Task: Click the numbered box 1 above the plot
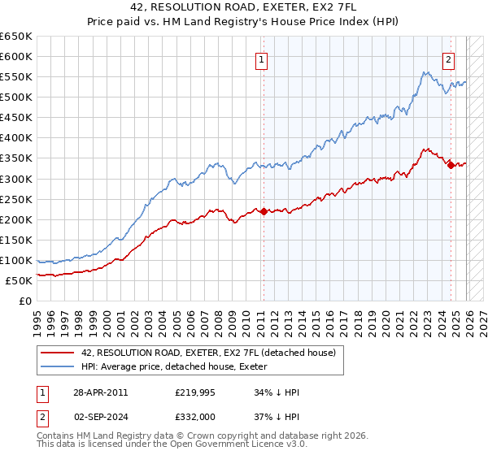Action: click(x=262, y=58)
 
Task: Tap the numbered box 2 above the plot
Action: click(x=449, y=58)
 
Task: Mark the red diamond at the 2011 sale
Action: click(x=264, y=211)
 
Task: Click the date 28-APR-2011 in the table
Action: click(x=99, y=392)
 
